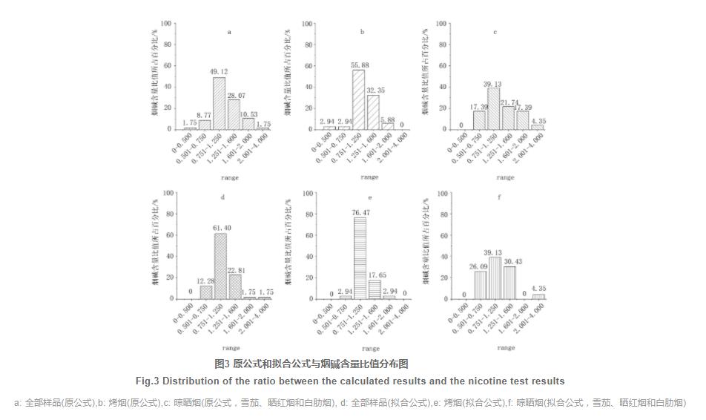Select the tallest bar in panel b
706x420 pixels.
click(x=358, y=99)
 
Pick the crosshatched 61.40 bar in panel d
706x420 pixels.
click(x=220, y=266)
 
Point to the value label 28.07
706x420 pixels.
click(x=237, y=94)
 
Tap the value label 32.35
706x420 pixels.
click(x=377, y=90)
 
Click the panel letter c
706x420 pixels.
click(x=495, y=33)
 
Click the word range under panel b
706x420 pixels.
click(x=369, y=177)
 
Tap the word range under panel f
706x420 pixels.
click(x=505, y=347)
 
